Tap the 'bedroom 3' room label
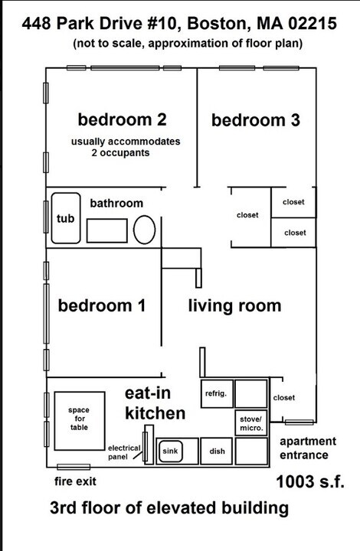(255, 120)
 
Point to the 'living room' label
(234, 306)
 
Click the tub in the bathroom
(65, 218)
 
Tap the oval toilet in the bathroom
(144, 230)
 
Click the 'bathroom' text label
(116, 203)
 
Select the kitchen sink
(169, 452)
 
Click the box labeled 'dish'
(217, 452)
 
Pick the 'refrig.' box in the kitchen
(215, 393)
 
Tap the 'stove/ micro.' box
(251, 423)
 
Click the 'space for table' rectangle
(79, 420)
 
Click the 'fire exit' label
(75, 482)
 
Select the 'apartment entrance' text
(307, 448)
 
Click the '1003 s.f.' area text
(309, 482)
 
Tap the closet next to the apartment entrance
(283, 398)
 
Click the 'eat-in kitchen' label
(155, 403)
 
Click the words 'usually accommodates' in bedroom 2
(126, 142)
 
